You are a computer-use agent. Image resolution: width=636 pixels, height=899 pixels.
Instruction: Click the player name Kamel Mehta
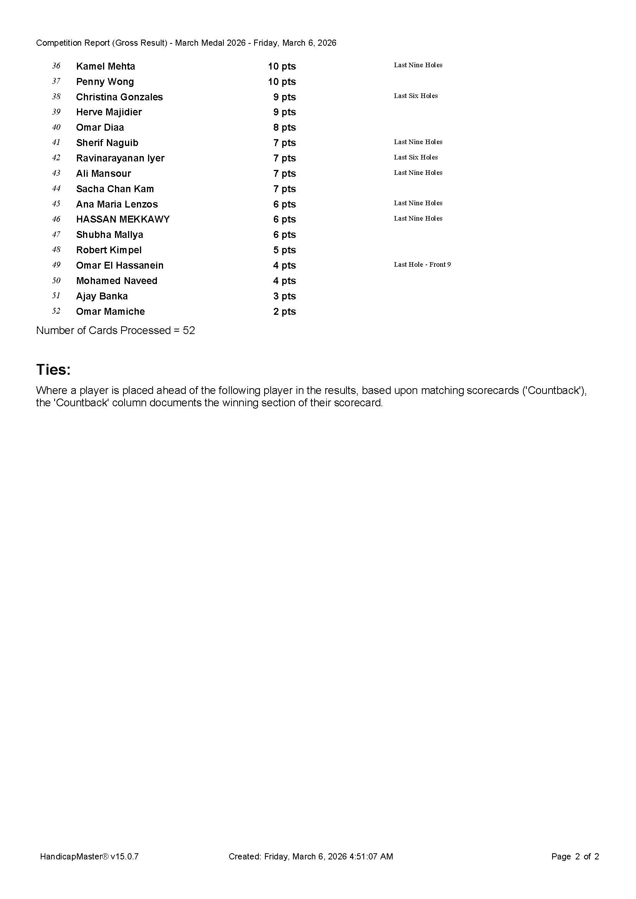(x=105, y=66)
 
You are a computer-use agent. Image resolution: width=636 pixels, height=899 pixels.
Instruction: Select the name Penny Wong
(x=105, y=81)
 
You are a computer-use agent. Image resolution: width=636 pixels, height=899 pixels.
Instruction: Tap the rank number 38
(x=56, y=96)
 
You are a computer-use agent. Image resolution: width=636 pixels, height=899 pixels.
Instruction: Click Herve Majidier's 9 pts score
(x=284, y=112)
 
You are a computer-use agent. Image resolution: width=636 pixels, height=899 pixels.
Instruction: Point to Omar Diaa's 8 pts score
(x=284, y=127)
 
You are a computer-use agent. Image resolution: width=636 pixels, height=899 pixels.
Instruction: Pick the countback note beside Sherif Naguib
(x=418, y=142)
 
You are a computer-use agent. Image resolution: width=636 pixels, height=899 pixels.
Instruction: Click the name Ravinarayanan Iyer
(x=120, y=158)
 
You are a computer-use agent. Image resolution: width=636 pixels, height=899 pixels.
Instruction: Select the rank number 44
(x=56, y=188)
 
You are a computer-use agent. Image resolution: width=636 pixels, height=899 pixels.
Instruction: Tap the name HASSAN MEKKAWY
(x=123, y=219)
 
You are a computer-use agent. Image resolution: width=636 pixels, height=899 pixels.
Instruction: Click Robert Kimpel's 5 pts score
(x=284, y=250)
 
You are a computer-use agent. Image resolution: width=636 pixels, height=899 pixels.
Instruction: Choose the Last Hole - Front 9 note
(x=422, y=264)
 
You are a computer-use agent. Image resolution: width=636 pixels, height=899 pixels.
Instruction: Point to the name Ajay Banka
(x=102, y=296)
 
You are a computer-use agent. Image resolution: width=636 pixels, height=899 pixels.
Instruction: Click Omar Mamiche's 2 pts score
(x=284, y=311)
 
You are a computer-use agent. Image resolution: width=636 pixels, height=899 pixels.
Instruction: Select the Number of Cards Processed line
(x=115, y=330)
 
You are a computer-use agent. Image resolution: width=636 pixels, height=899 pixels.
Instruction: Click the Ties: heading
(x=53, y=369)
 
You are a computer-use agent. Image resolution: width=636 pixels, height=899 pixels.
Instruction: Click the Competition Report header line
(x=186, y=43)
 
